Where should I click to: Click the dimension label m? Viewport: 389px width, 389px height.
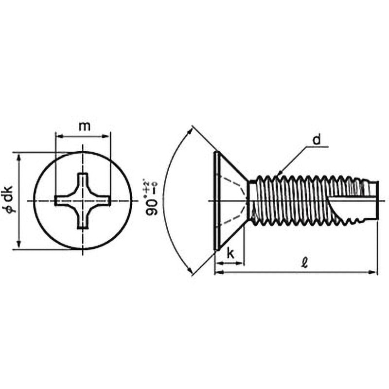click(84, 126)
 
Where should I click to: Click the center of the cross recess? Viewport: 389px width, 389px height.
click(83, 200)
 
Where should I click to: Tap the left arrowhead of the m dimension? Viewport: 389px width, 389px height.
click(58, 137)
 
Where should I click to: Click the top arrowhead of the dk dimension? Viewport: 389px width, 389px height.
click(19, 156)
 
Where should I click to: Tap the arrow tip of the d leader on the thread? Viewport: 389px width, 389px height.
click(279, 174)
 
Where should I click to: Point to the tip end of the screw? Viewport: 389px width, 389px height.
click(377, 200)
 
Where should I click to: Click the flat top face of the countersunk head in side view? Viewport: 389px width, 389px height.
click(215, 200)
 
